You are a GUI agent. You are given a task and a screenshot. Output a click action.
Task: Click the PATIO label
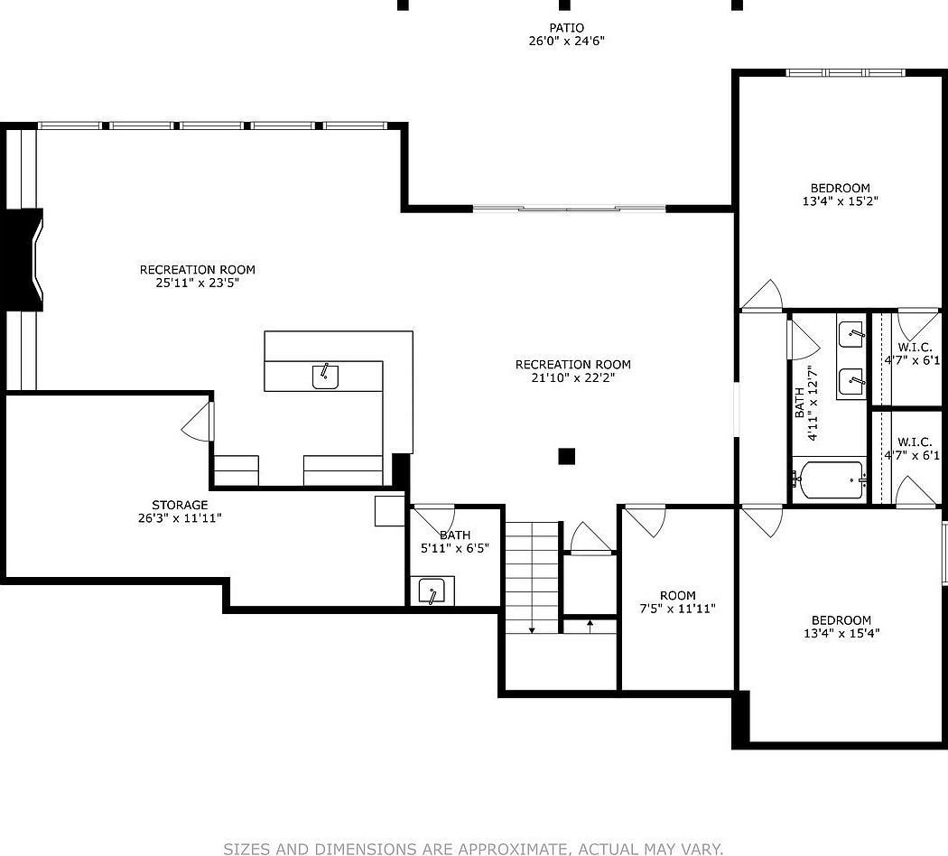(x=566, y=28)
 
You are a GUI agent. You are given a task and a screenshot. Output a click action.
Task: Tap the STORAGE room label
(x=180, y=505)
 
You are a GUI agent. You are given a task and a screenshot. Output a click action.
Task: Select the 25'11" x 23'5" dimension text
(x=197, y=283)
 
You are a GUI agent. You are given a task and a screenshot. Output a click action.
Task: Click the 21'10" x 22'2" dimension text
(x=572, y=377)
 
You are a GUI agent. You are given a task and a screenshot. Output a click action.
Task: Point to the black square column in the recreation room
(x=566, y=456)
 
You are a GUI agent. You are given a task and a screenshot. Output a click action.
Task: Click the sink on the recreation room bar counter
(x=325, y=376)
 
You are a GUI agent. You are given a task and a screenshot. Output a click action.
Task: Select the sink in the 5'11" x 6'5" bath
(x=435, y=592)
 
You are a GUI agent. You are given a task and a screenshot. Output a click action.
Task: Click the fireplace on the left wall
(x=24, y=261)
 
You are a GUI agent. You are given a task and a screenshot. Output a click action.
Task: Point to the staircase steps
(x=532, y=577)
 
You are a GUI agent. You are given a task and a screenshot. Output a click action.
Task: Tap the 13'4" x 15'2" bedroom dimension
(x=840, y=200)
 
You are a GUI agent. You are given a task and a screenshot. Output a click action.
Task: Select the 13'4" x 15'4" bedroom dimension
(x=841, y=633)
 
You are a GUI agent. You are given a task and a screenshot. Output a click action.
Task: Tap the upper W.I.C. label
(x=914, y=348)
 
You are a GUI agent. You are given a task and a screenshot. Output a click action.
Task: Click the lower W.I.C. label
(x=914, y=442)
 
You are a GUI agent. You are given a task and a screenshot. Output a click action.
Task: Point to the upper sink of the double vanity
(x=850, y=334)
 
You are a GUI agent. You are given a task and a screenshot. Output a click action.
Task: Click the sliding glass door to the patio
(x=569, y=209)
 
